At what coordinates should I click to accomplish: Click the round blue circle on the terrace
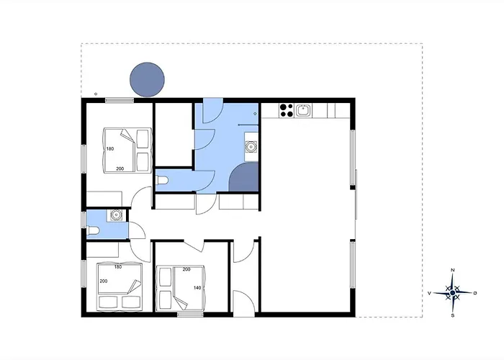tap(147, 80)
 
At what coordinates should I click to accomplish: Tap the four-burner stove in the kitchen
tap(287, 110)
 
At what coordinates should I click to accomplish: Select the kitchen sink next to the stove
tap(303, 111)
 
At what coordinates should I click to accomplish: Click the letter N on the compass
tap(453, 270)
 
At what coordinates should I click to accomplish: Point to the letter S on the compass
tap(453, 315)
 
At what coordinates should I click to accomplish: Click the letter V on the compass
tap(429, 293)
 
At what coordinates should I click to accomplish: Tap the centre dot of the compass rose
tap(453, 293)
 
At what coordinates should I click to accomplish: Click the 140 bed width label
tap(197, 288)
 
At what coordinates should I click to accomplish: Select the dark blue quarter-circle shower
tap(244, 177)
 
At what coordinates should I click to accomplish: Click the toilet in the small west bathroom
tap(93, 230)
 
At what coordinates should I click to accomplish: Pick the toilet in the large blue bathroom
tap(162, 180)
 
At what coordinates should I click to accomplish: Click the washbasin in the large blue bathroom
tap(251, 147)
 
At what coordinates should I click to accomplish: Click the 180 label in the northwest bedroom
tap(110, 149)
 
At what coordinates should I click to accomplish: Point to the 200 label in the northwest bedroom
tap(120, 168)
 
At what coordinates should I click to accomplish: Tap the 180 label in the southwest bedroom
tap(118, 267)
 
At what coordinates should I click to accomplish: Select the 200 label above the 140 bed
tap(186, 269)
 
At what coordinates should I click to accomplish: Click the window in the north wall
tap(120, 100)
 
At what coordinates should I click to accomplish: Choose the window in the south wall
tap(190, 315)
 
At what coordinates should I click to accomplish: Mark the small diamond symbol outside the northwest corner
tap(96, 94)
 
